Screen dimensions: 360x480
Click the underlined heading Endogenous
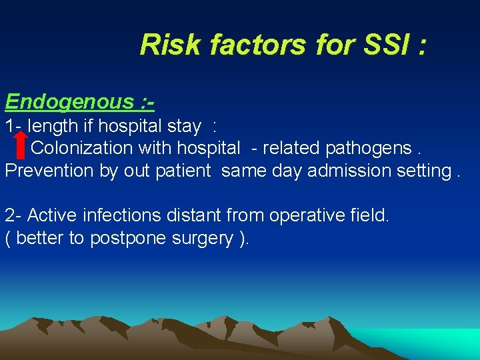tap(69, 102)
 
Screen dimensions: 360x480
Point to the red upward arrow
tap(21, 143)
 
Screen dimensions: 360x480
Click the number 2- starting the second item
tap(13, 215)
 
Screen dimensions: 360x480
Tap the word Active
tap(52, 215)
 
